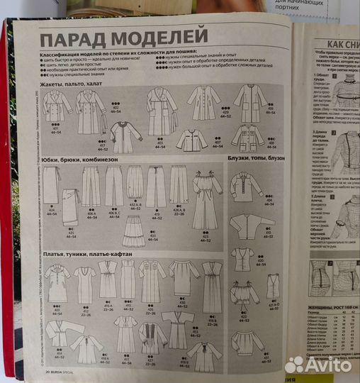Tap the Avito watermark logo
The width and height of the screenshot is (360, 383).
(x=322, y=365)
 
